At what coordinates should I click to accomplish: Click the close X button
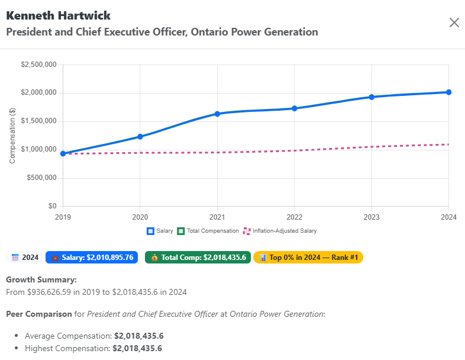(454, 22)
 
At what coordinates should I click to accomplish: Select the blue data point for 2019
(63, 153)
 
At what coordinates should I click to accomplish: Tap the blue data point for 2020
(140, 137)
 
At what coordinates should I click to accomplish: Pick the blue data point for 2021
(217, 114)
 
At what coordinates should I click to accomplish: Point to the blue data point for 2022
(295, 108)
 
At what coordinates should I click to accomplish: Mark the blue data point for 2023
(372, 97)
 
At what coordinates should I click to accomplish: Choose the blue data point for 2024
(448, 92)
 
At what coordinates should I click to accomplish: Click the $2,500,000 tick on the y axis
(38, 65)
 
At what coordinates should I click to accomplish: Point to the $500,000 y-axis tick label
(40, 178)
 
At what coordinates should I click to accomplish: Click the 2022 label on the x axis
(295, 217)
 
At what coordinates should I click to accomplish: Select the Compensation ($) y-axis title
(12, 136)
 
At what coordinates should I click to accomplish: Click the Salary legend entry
(160, 231)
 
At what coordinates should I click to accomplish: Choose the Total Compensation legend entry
(208, 231)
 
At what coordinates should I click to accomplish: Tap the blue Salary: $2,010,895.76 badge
(92, 258)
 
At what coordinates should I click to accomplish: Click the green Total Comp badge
(198, 258)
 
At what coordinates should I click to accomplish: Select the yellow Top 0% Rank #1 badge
(308, 258)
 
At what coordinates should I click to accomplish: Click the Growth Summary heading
(41, 279)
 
